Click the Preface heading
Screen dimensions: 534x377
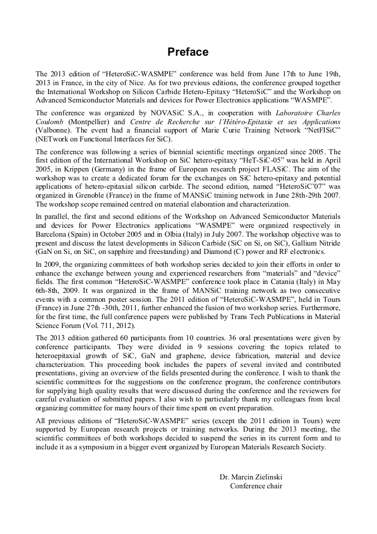[188, 52]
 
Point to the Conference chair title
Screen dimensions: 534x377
[256, 486]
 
